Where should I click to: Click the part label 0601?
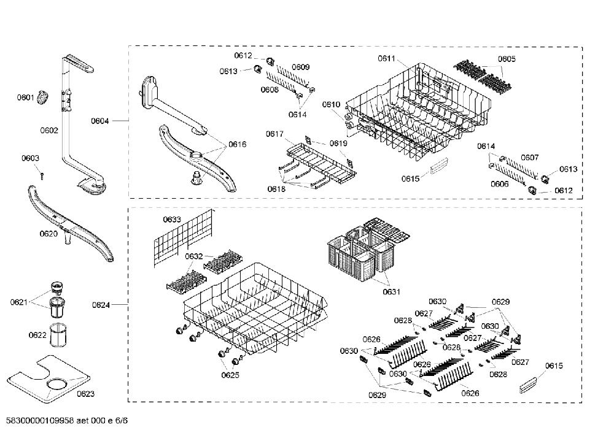click(25, 97)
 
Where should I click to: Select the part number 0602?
click(49, 130)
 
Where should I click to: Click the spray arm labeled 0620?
click(71, 223)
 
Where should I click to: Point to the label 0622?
click(37, 335)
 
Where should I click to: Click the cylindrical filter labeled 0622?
click(58, 335)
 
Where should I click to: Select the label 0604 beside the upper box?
click(100, 121)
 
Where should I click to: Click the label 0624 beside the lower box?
click(101, 305)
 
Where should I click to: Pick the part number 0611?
click(386, 58)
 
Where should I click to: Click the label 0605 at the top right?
click(507, 59)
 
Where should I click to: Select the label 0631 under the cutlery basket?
click(392, 291)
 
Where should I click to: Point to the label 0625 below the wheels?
click(230, 375)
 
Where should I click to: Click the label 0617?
click(274, 134)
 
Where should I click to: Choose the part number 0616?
click(237, 144)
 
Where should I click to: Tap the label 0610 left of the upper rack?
click(332, 104)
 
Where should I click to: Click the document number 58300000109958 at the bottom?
click(39, 421)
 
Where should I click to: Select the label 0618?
click(276, 189)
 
